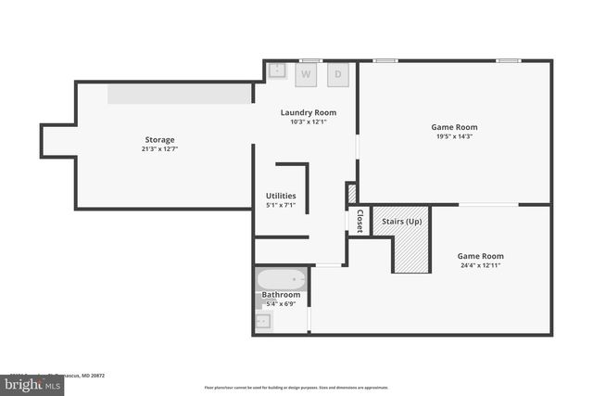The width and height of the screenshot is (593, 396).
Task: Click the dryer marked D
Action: point(338,73)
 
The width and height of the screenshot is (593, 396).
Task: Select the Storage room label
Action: point(159,139)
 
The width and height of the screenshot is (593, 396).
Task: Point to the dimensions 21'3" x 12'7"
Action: point(159,148)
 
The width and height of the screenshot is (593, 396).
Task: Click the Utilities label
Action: point(281,196)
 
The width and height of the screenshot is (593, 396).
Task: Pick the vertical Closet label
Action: point(360,221)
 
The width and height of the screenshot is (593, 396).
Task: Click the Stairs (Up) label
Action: point(401,221)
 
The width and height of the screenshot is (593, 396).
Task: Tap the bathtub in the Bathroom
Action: point(281,278)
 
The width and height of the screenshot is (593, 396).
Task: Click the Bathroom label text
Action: point(281,295)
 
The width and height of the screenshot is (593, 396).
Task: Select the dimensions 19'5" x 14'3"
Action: point(454,136)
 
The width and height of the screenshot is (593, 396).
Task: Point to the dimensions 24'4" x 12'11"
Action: point(480,265)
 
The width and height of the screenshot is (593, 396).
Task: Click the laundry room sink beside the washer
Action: point(278,70)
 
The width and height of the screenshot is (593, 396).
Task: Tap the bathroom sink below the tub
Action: point(264,321)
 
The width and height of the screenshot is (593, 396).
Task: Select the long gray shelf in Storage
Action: point(180,94)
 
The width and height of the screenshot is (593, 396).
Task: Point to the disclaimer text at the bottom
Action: point(296,388)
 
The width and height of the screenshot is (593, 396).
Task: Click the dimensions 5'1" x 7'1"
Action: point(281,205)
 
